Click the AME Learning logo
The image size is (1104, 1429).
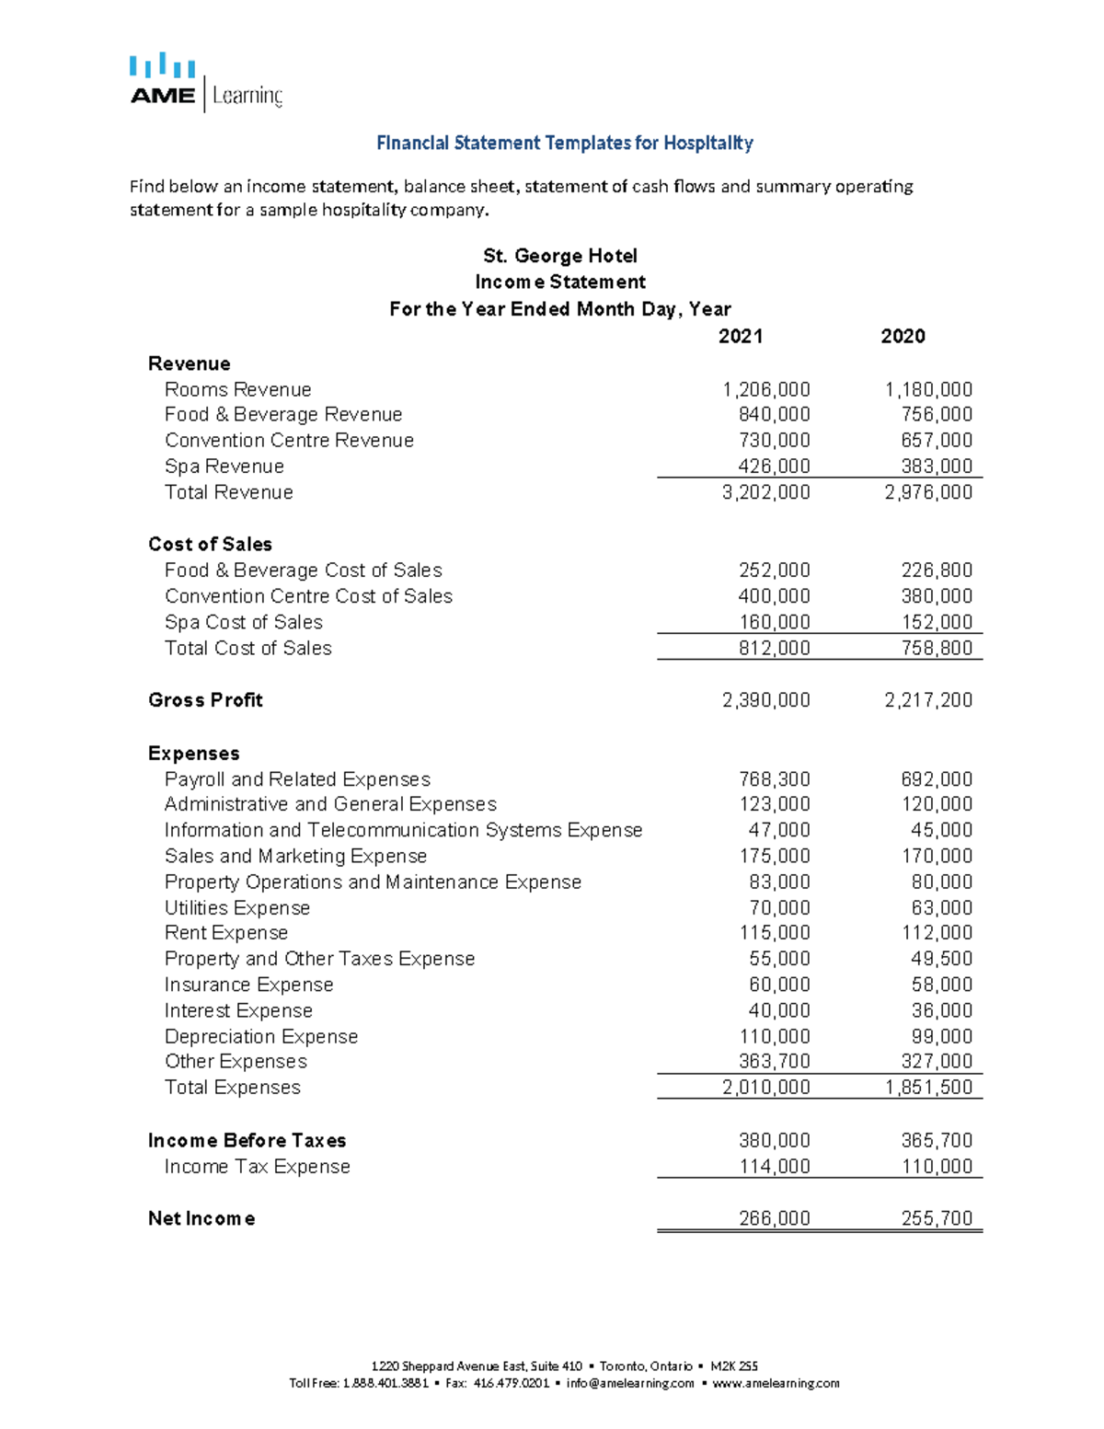click(205, 84)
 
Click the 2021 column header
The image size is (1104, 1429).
click(740, 336)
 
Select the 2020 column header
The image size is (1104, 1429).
click(903, 336)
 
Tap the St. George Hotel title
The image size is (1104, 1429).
click(559, 256)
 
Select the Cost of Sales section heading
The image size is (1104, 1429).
click(210, 544)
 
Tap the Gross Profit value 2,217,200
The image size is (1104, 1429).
click(927, 700)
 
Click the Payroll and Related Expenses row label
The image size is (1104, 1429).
click(297, 779)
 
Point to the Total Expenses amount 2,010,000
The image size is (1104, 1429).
click(765, 1088)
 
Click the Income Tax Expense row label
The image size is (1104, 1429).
click(257, 1167)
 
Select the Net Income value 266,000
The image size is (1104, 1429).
click(774, 1219)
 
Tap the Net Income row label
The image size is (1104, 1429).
click(201, 1219)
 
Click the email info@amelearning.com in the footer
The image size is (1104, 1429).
click(629, 1383)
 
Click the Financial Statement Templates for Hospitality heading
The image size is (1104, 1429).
click(564, 143)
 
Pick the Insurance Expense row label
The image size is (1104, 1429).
click(248, 985)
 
